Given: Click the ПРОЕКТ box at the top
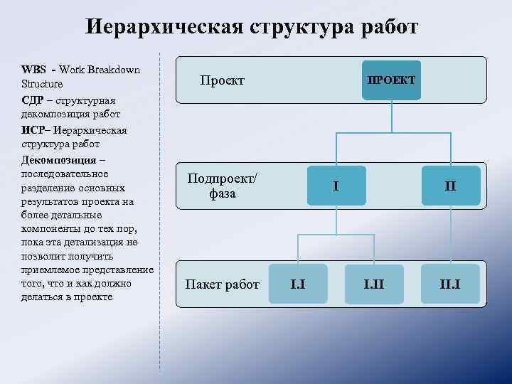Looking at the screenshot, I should coord(391,80).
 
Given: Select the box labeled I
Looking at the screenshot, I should coord(336,186).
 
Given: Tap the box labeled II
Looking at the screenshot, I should coord(450,186).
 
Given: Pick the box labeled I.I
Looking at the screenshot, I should coord(298,284).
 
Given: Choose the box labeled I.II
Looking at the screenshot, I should coord(374,284).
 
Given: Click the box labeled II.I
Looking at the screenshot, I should coord(450,284).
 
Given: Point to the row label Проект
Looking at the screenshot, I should coord(222,80).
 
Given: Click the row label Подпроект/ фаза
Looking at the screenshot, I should coord(222,186).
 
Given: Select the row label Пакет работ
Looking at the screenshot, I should coord(222,285).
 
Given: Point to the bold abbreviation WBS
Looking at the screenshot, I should coord(34,70).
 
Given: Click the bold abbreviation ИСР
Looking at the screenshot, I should coord(35,130).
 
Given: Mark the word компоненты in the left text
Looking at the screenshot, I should coord(51,229).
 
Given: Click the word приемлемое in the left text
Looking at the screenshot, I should coord(50,270).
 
